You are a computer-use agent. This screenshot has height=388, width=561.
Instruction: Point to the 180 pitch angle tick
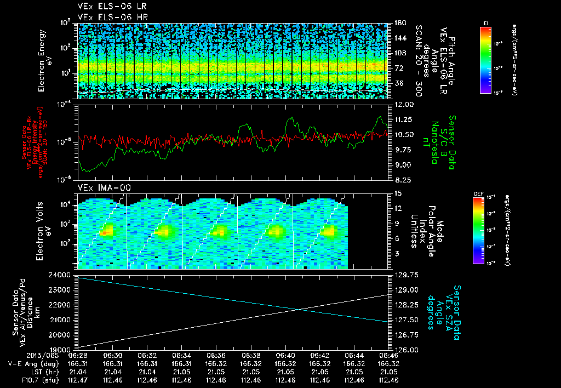[400, 23]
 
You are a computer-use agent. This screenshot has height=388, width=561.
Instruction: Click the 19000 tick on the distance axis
[61, 349]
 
